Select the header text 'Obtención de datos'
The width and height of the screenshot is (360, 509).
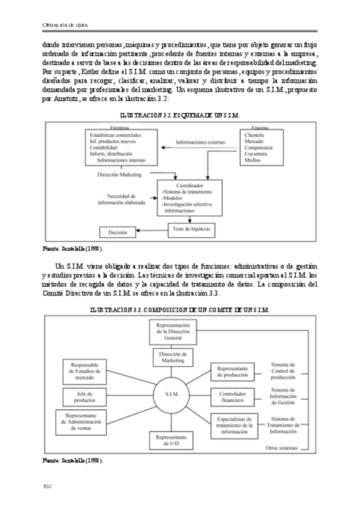[x=66, y=25]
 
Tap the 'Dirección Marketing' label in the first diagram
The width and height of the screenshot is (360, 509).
[x=119, y=175]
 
